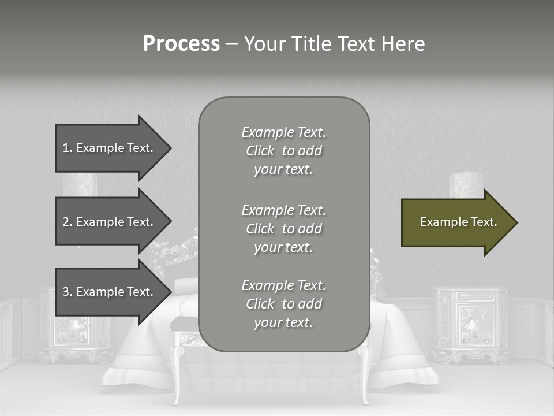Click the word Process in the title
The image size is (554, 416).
[x=181, y=44]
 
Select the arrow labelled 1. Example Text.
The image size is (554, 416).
[x=110, y=148]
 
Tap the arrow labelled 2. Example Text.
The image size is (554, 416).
[x=110, y=222]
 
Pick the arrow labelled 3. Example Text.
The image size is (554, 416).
[x=110, y=292]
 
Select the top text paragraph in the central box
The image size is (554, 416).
[x=283, y=151]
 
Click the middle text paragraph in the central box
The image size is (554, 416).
[x=283, y=228]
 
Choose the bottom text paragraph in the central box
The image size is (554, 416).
[x=283, y=304]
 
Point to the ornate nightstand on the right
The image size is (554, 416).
[x=470, y=324]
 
